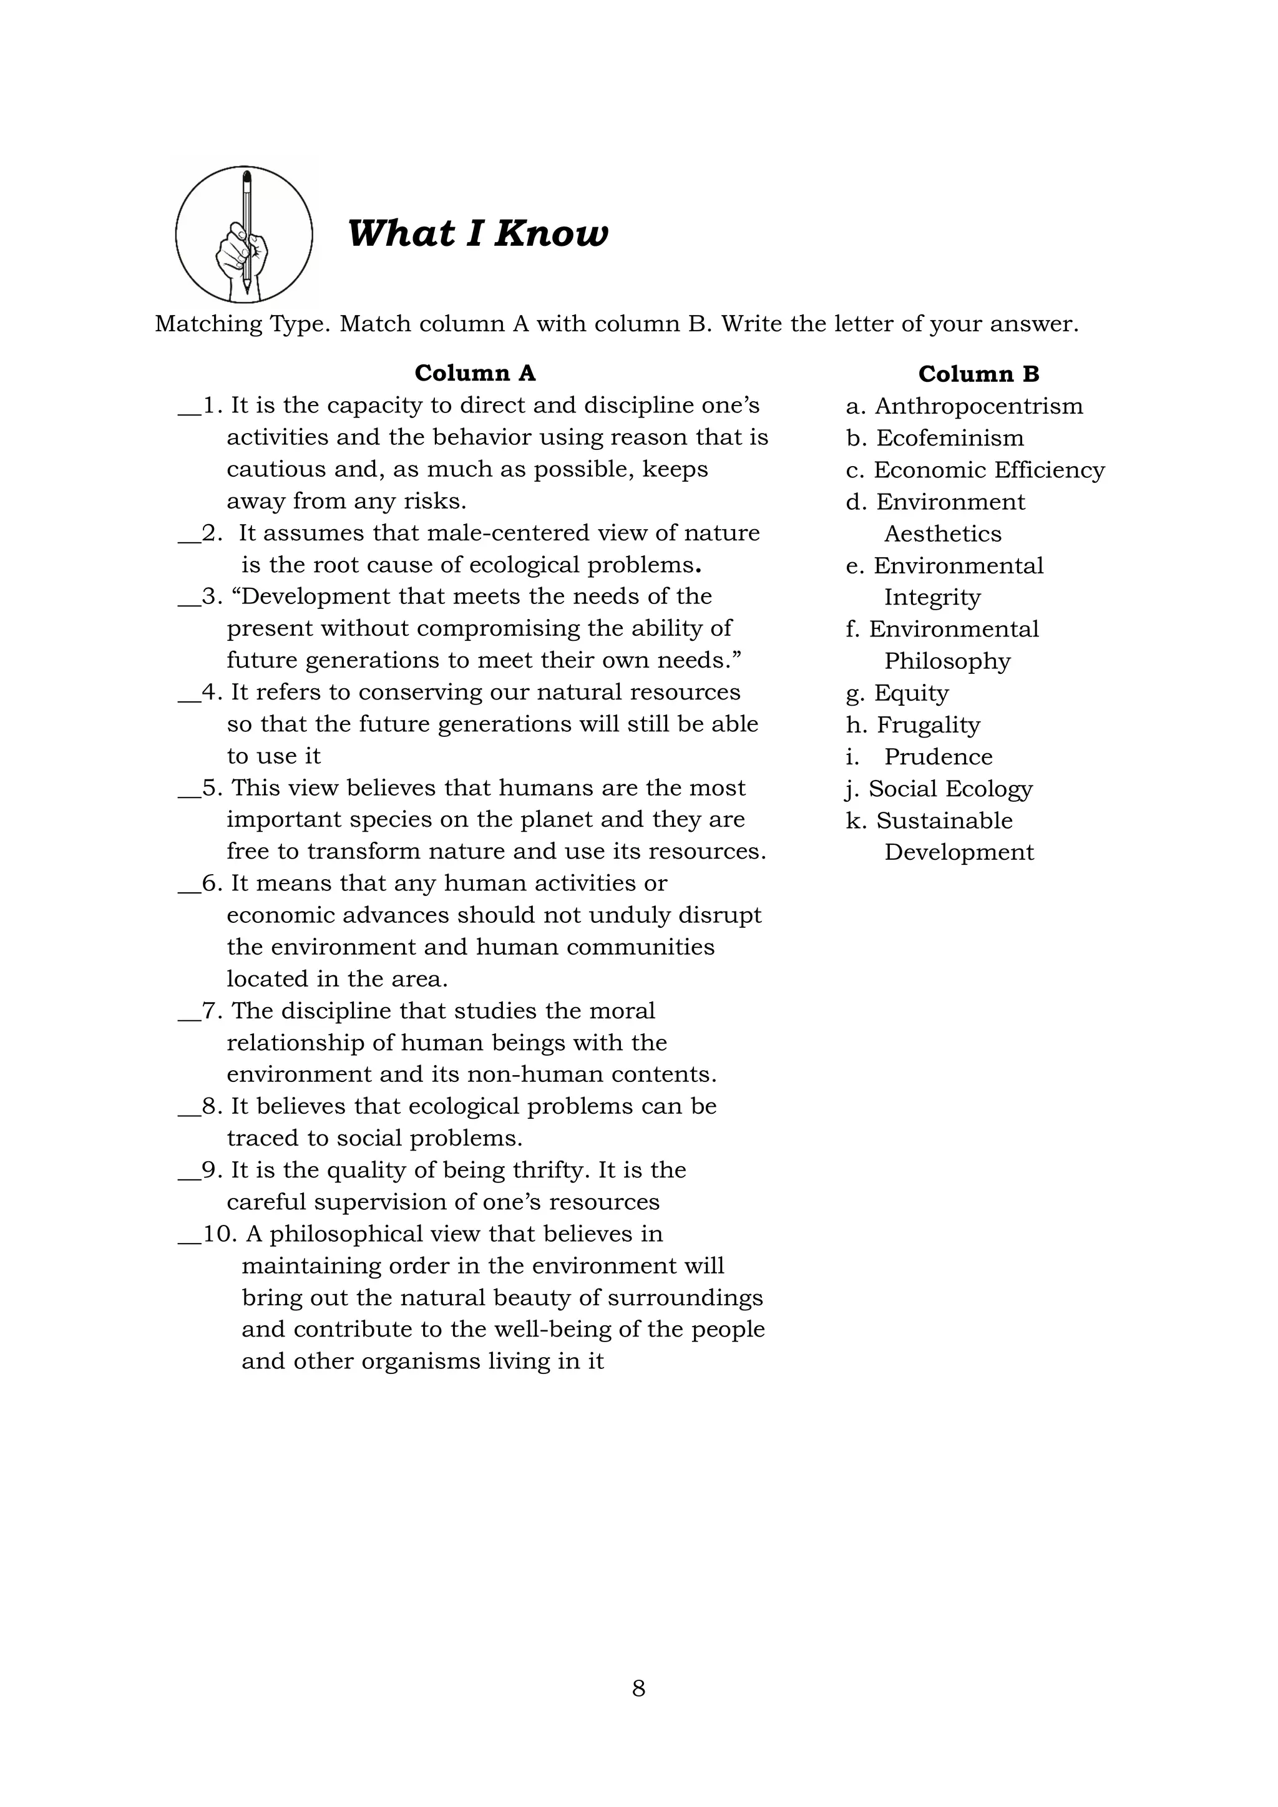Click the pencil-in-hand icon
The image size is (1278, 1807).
[244, 235]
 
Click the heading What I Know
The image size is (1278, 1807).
[477, 234]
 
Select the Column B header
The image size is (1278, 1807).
[978, 374]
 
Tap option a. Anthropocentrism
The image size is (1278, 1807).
[964, 406]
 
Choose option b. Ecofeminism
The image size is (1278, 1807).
[935, 439]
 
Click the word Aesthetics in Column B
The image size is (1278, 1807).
[942, 533]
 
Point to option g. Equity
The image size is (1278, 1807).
[897, 693]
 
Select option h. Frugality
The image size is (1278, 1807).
[913, 725]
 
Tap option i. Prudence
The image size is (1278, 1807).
[919, 757]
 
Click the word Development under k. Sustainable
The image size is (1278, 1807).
[958, 852]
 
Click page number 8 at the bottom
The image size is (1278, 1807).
[638, 1688]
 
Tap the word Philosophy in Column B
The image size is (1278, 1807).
[947, 662]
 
